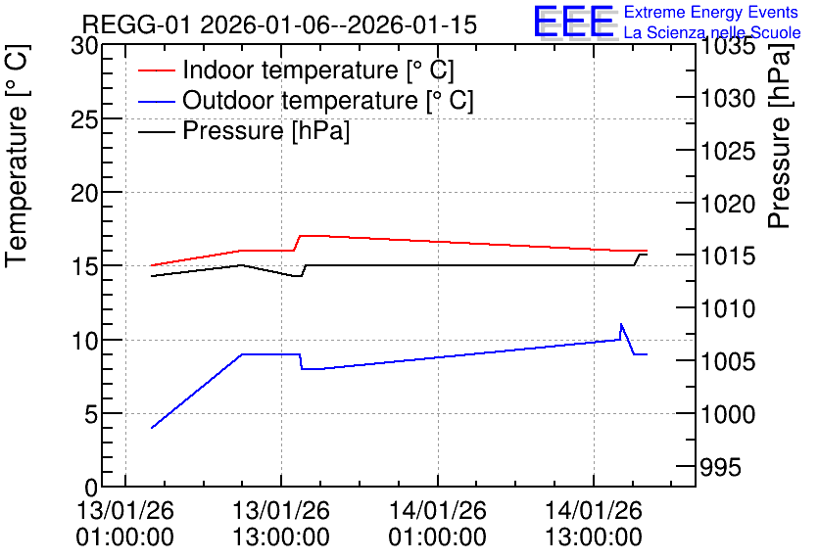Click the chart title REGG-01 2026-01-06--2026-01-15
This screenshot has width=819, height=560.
(x=279, y=24)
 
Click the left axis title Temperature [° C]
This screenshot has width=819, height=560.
(x=17, y=157)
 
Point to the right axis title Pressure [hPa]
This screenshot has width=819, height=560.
(x=779, y=135)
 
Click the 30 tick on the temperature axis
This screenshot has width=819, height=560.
(x=84, y=46)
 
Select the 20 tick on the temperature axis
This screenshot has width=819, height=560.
(x=84, y=194)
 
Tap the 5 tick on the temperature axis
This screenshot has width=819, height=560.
(x=91, y=415)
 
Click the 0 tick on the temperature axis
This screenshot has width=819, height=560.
(x=91, y=488)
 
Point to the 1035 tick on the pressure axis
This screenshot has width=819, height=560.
(x=727, y=46)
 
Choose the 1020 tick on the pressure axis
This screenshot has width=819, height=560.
(x=727, y=204)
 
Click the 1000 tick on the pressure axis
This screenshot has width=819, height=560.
(x=727, y=414)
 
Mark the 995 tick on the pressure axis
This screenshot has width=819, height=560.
(x=720, y=467)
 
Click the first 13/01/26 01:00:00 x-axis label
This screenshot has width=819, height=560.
(x=124, y=524)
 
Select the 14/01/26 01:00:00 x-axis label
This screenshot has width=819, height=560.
(x=437, y=524)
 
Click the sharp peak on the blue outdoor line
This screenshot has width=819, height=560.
(x=620, y=324)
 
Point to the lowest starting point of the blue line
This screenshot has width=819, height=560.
(x=152, y=428)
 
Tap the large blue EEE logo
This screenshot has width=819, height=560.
(x=573, y=22)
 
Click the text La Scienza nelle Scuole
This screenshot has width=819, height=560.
(x=712, y=32)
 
